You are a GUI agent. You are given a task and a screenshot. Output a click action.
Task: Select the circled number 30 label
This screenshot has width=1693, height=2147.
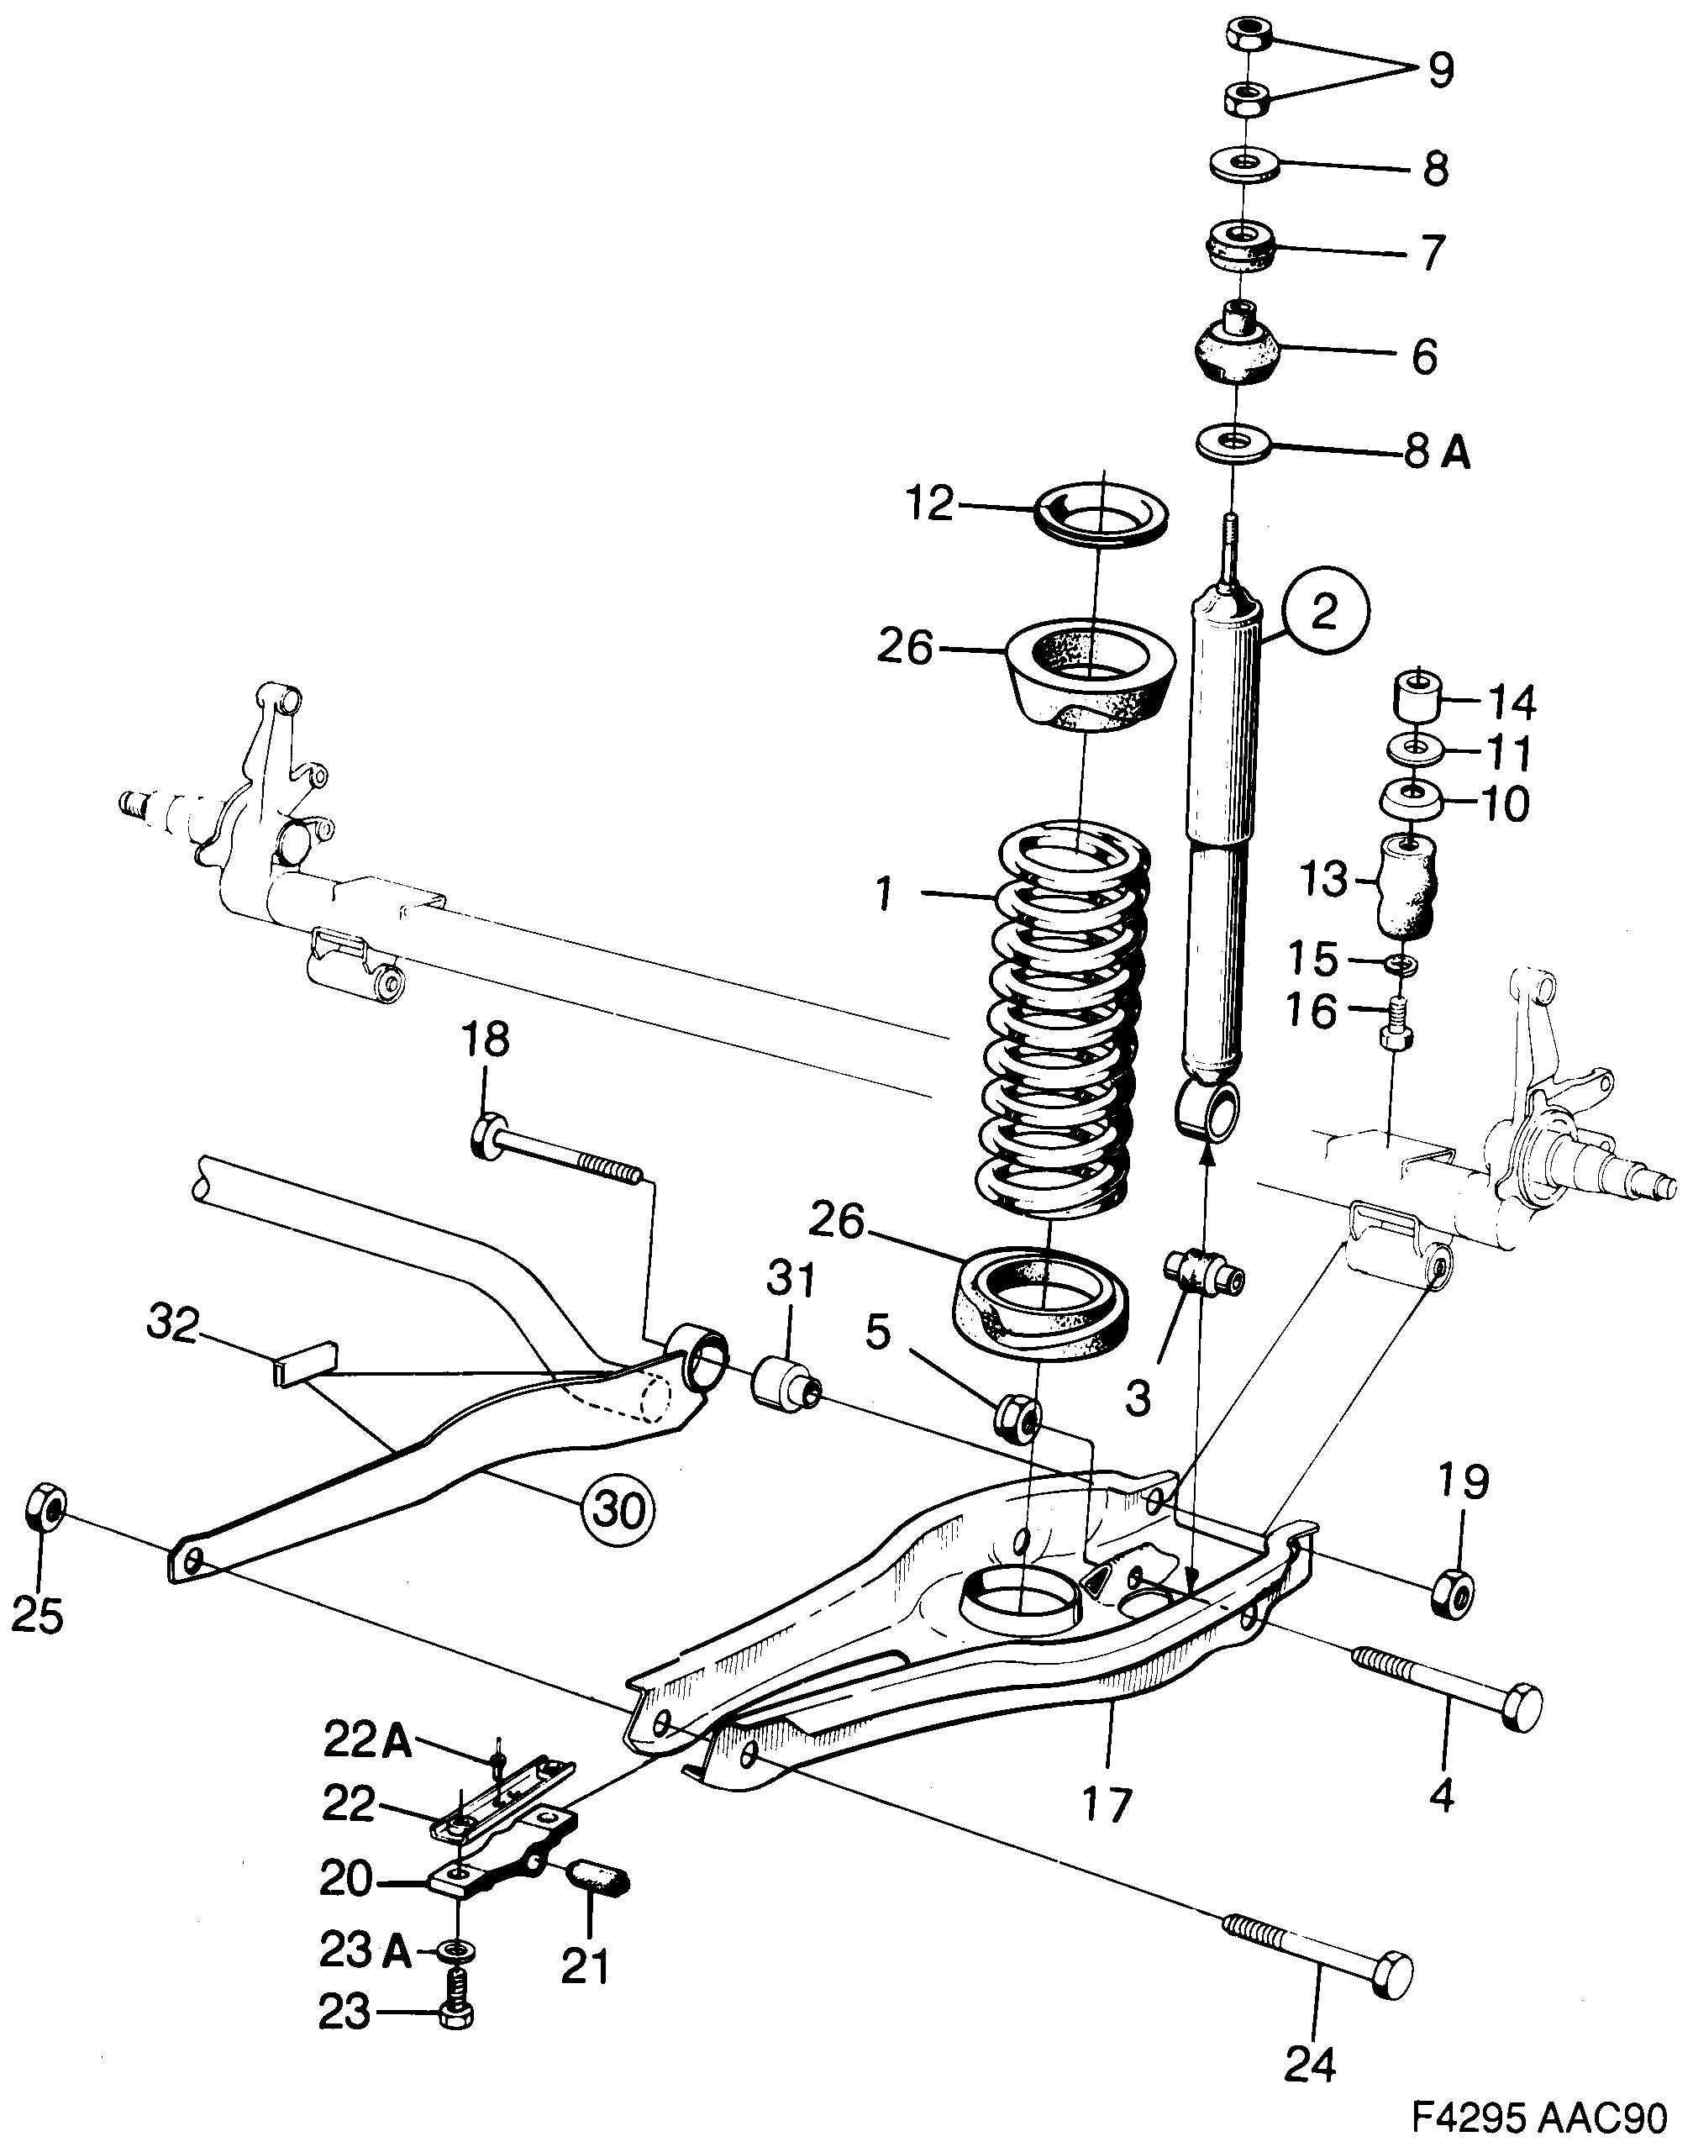pos(618,1508)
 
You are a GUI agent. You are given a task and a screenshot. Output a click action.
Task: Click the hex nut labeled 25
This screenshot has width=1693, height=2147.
pos(45,1508)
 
